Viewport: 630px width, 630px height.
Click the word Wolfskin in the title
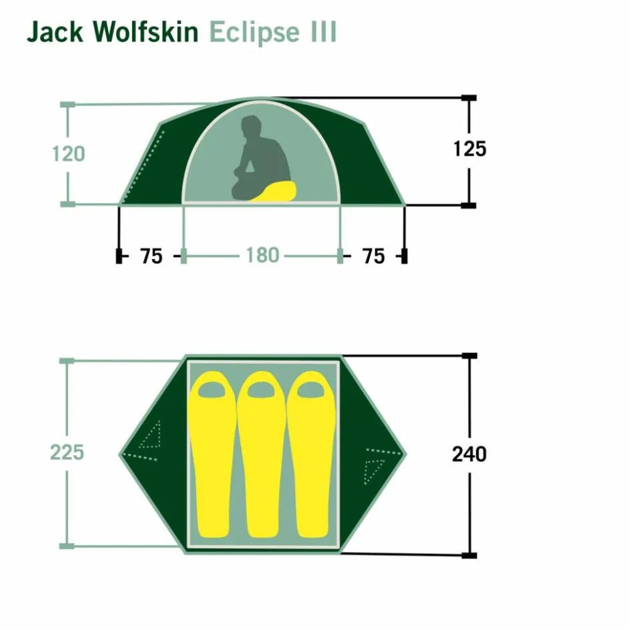147,33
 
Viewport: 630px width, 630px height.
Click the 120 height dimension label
69,154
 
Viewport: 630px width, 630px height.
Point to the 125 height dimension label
470,149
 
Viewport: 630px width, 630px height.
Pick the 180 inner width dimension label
262,256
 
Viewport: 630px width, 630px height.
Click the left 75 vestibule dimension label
151,256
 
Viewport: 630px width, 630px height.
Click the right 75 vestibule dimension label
374,256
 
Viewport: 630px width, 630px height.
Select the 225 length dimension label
67,452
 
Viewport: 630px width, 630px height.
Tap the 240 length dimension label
469,454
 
